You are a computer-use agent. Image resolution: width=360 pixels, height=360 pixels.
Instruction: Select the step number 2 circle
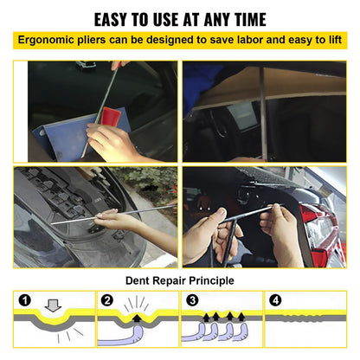coord(107,301)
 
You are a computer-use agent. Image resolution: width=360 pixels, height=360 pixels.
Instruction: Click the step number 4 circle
coord(274,301)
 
